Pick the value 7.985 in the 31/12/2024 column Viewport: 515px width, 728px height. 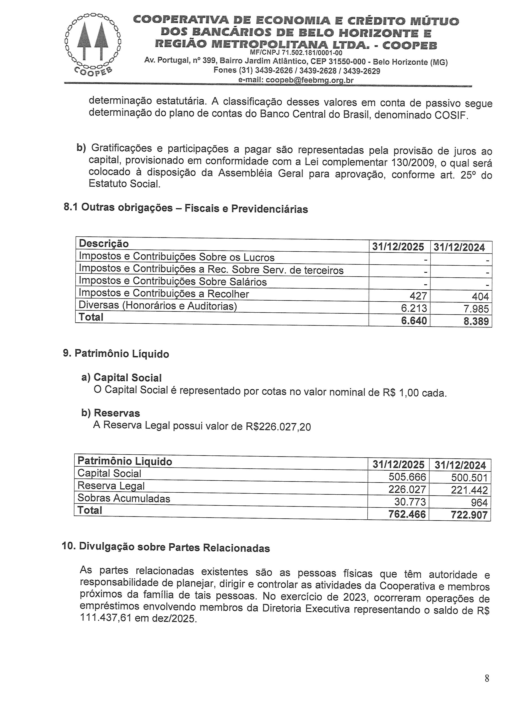coord(476,308)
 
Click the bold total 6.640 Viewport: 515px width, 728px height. coord(414,321)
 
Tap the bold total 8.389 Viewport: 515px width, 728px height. coord(476,321)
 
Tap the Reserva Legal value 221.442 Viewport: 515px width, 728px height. coord(469,490)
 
